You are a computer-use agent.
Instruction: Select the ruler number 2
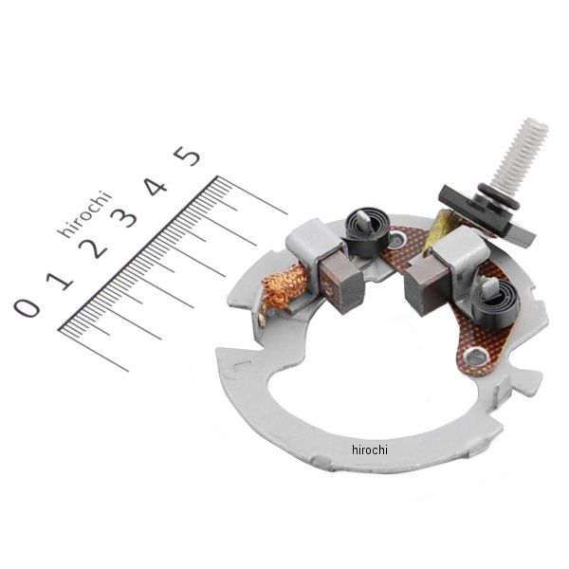pos(93,248)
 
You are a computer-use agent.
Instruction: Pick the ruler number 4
pos(156,187)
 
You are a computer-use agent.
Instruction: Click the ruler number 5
pos(187,156)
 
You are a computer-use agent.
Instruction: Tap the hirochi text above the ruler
pos(84,213)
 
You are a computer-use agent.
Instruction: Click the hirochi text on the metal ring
pos(370,450)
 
